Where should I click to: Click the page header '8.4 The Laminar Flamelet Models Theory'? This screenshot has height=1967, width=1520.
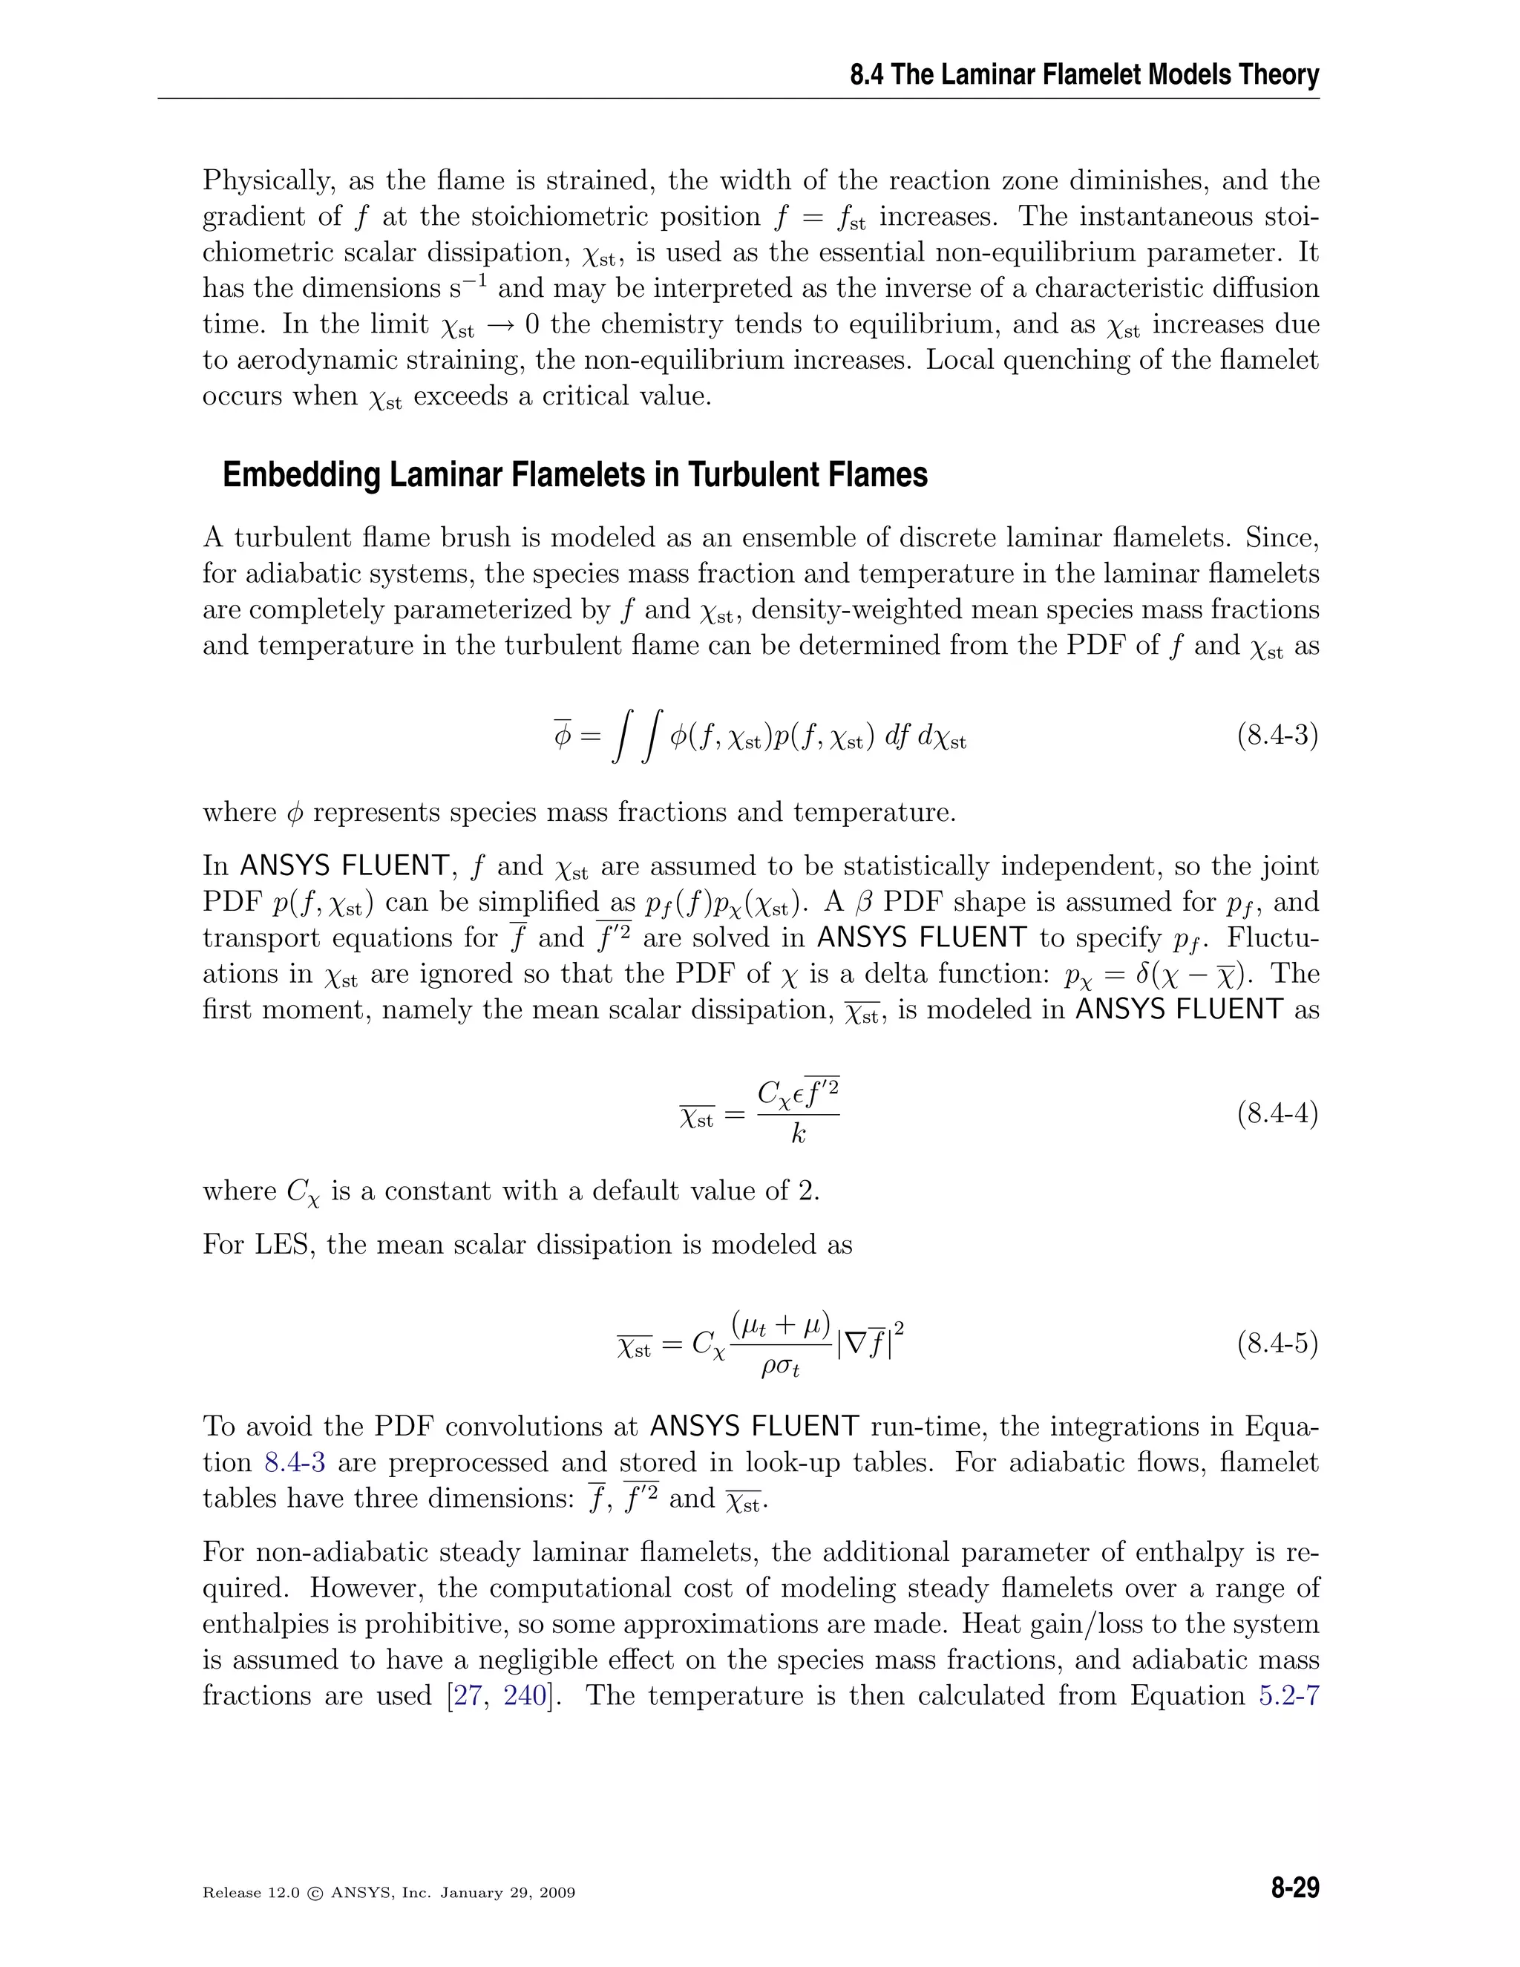tap(1084, 75)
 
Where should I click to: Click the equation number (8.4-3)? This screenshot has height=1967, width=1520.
tap(1277, 736)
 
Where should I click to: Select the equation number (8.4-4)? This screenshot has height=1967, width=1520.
tap(1277, 1114)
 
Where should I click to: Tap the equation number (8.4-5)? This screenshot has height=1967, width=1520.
tap(1277, 1345)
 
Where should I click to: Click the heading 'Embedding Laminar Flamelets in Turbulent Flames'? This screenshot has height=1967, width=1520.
tap(574, 474)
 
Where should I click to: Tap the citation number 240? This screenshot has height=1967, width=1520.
tap(525, 1695)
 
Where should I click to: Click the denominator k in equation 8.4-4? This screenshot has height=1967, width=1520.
tap(798, 1135)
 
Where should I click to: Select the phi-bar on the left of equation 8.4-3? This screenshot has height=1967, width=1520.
tap(563, 736)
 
